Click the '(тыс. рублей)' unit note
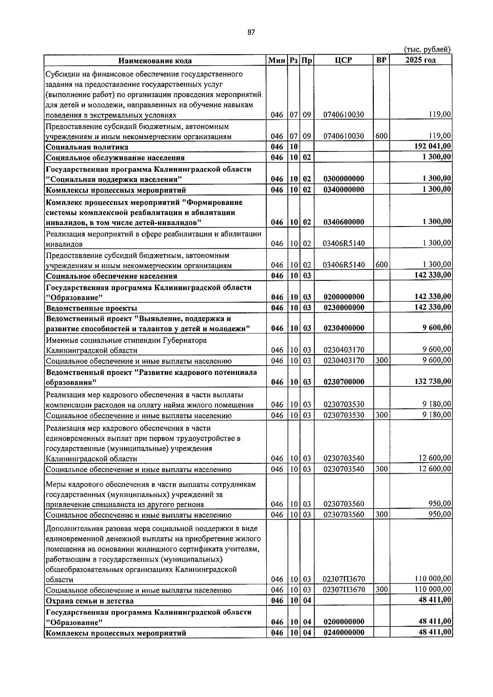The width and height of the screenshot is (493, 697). [x=427, y=49]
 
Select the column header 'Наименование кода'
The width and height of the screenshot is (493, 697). [x=155, y=61]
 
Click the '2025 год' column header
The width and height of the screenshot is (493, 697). [x=420, y=60]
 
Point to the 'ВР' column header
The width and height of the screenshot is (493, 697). [x=381, y=60]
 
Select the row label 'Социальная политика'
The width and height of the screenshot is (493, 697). [x=87, y=147]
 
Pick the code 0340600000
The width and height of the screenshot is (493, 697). [x=343, y=222]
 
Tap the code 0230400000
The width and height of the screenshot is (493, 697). [x=343, y=328]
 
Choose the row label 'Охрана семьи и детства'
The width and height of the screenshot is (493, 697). [x=90, y=601]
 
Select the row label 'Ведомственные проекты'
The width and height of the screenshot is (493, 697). [x=92, y=308]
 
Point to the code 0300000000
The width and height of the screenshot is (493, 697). [x=343, y=179]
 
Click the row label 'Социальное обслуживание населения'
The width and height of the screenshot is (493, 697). [x=115, y=158]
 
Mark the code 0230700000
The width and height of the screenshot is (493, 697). [x=343, y=382]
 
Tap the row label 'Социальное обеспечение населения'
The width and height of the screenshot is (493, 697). [x=111, y=276]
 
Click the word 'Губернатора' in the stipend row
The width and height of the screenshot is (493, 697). [x=184, y=340]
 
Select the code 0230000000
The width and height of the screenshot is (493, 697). [x=343, y=307]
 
